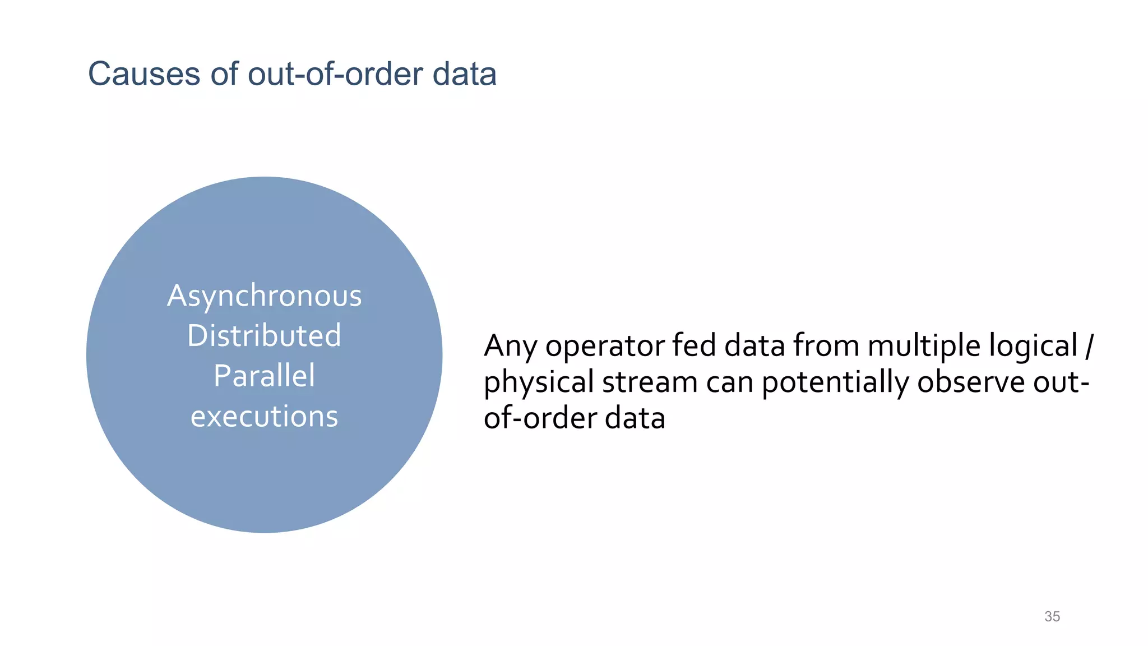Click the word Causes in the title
[x=143, y=74]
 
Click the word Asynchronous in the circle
[x=264, y=296]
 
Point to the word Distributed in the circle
[x=264, y=335]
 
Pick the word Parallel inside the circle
[x=264, y=376]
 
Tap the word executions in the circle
[x=264, y=416]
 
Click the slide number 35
[x=1052, y=616]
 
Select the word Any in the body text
[x=510, y=347]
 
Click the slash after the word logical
[x=1088, y=347]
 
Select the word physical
[x=539, y=383]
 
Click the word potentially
[x=835, y=383]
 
